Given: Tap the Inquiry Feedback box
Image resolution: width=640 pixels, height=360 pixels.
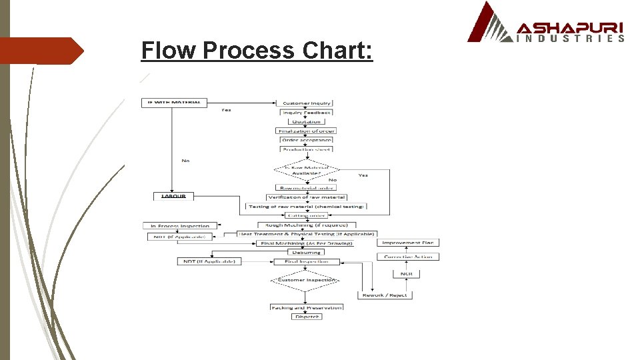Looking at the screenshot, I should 306,113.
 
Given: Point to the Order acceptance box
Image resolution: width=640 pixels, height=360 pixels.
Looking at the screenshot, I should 306,140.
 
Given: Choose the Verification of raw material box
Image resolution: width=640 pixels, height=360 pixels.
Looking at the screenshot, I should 306,197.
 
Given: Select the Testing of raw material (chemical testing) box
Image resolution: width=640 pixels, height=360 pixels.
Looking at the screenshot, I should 306,207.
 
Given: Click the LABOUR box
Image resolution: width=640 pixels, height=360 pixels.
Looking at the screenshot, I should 173,196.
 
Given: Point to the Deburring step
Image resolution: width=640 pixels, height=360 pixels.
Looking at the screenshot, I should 306,253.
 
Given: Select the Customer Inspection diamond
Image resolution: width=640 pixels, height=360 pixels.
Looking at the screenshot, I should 306,280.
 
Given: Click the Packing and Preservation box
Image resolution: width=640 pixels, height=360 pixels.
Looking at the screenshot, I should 306,307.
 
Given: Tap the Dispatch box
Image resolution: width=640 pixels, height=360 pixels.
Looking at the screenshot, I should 306,317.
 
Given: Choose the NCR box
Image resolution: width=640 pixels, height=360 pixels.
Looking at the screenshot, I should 406,274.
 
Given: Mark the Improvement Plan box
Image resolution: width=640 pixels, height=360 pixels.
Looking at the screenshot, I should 408,243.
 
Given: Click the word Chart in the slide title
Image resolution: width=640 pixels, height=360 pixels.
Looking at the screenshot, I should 337,50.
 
